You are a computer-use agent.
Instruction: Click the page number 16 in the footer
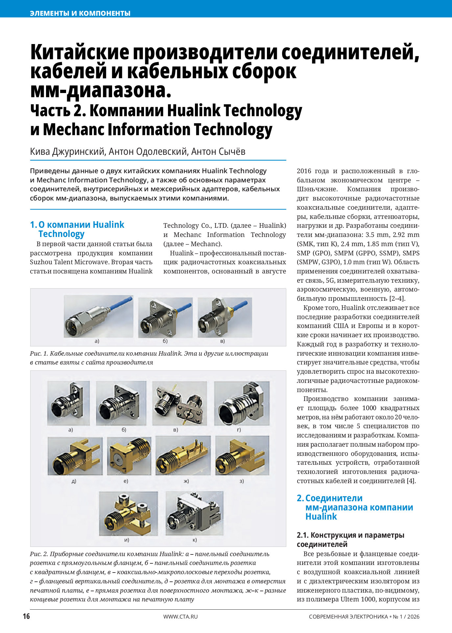[x=26, y=616]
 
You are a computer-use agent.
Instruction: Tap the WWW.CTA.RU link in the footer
[x=180, y=617]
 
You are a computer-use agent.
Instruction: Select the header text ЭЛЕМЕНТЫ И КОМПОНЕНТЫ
[x=80, y=13]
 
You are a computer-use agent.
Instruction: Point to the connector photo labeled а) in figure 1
[x=98, y=316]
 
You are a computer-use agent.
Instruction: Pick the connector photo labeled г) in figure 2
[x=242, y=403]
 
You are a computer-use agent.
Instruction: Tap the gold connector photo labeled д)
[x=75, y=456]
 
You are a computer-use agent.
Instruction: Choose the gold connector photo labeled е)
[x=129, y=456]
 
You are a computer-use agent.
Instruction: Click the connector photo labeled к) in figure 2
[x=194, y=513]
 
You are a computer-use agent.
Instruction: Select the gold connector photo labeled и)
[x=128, y=513]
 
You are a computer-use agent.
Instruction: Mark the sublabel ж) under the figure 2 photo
[x=186, y=481]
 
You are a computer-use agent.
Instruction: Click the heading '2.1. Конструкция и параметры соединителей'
[x=350, y=540]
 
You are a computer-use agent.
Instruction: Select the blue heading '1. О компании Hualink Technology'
[x=78, y=229]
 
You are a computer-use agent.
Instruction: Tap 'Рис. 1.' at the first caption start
[x=39, y=354]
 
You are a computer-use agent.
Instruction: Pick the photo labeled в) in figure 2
[x=179, y=403]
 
